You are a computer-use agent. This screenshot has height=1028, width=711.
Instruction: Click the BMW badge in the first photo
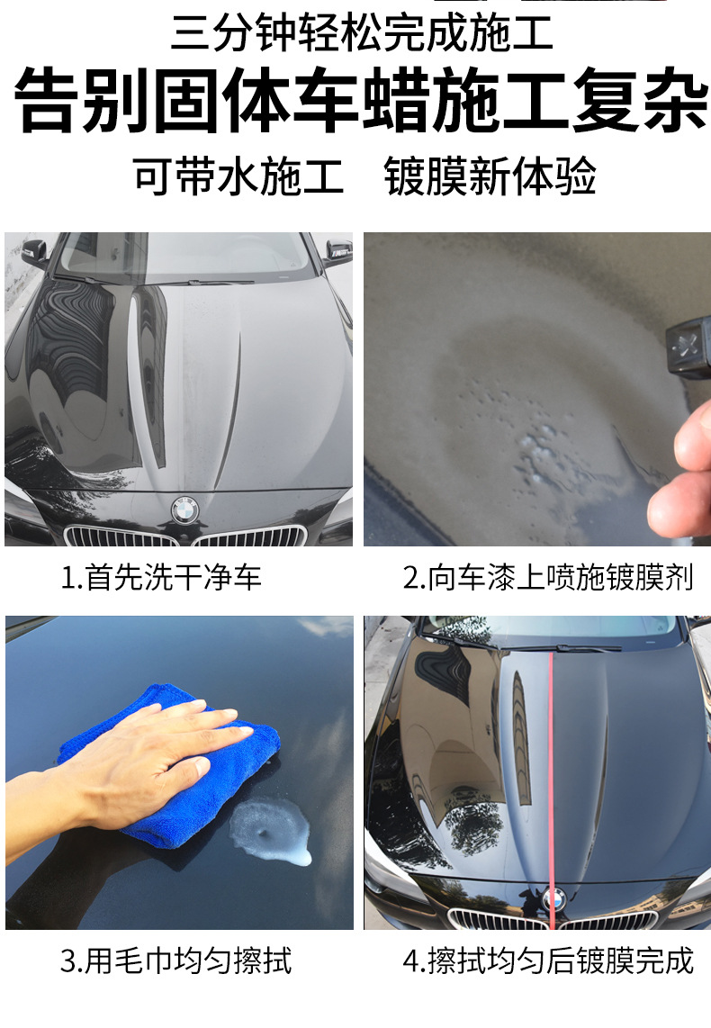[184, 509]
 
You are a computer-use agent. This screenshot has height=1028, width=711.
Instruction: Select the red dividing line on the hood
[549, 765]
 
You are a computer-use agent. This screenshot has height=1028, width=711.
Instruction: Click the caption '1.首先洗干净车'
[161, 577]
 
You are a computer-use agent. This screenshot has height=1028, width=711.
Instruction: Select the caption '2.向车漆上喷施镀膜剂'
[547, 577]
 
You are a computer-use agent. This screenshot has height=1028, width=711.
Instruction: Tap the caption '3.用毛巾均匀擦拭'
[176, 960]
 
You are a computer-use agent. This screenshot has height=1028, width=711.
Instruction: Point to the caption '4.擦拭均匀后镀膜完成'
[547, 960]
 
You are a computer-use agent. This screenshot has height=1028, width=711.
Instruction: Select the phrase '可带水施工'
[238, 176]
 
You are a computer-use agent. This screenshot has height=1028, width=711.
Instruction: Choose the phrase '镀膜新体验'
[490, 176]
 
